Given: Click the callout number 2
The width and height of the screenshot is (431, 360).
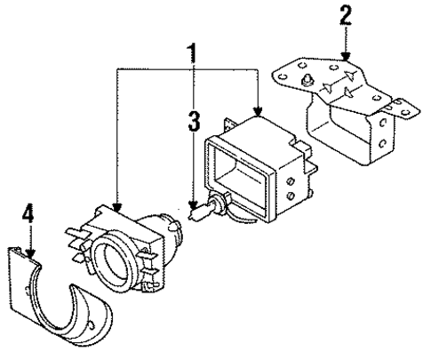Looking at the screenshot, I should [346, 15].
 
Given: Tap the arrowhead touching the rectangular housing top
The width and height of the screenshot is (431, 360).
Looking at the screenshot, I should [257, 113].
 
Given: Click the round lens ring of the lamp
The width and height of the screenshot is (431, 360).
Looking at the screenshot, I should [124, 265].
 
